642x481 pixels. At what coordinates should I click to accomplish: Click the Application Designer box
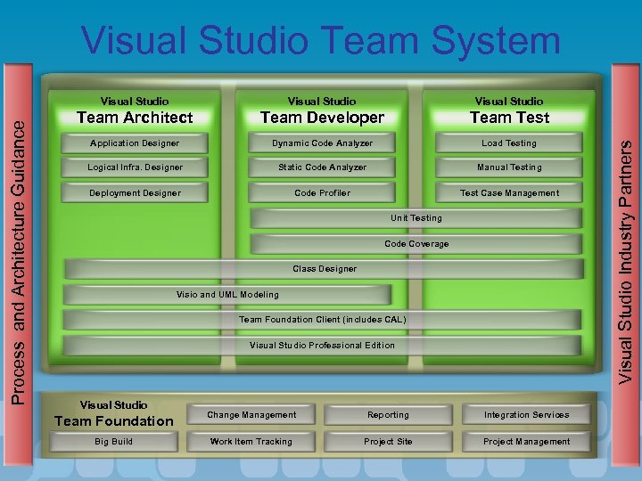click(135, 143)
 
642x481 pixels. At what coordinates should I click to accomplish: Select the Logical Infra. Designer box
click(135, 167)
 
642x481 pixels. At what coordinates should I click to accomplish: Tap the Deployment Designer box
click(135, 193)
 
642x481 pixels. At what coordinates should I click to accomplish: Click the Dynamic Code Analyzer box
click(322, 143)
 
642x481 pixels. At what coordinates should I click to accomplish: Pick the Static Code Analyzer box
click(322, 167)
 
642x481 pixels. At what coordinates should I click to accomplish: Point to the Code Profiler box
click(322, 193)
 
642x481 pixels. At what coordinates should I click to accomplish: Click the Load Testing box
click(509, 143)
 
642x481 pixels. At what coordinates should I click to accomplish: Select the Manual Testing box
click(509, 167)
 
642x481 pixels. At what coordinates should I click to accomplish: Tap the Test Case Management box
click(509, 193)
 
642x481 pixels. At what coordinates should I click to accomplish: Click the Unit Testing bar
click(416, 218)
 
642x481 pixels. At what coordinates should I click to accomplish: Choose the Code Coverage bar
click(416, 244)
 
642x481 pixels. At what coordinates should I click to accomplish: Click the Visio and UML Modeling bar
click(227, 295)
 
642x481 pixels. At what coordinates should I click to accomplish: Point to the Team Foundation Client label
click(322, 320)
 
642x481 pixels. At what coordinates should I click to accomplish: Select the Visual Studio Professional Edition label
click(322, 346)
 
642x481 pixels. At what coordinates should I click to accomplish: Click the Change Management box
click(251, 415)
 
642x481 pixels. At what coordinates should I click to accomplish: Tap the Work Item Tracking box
click(251, 442)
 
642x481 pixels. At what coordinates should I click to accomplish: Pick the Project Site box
click(388, 442)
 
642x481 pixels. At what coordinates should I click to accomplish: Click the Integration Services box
click(526, 415)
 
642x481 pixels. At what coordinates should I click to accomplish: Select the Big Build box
click(114, 442)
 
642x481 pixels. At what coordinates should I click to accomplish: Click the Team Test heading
click(509, 118)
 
